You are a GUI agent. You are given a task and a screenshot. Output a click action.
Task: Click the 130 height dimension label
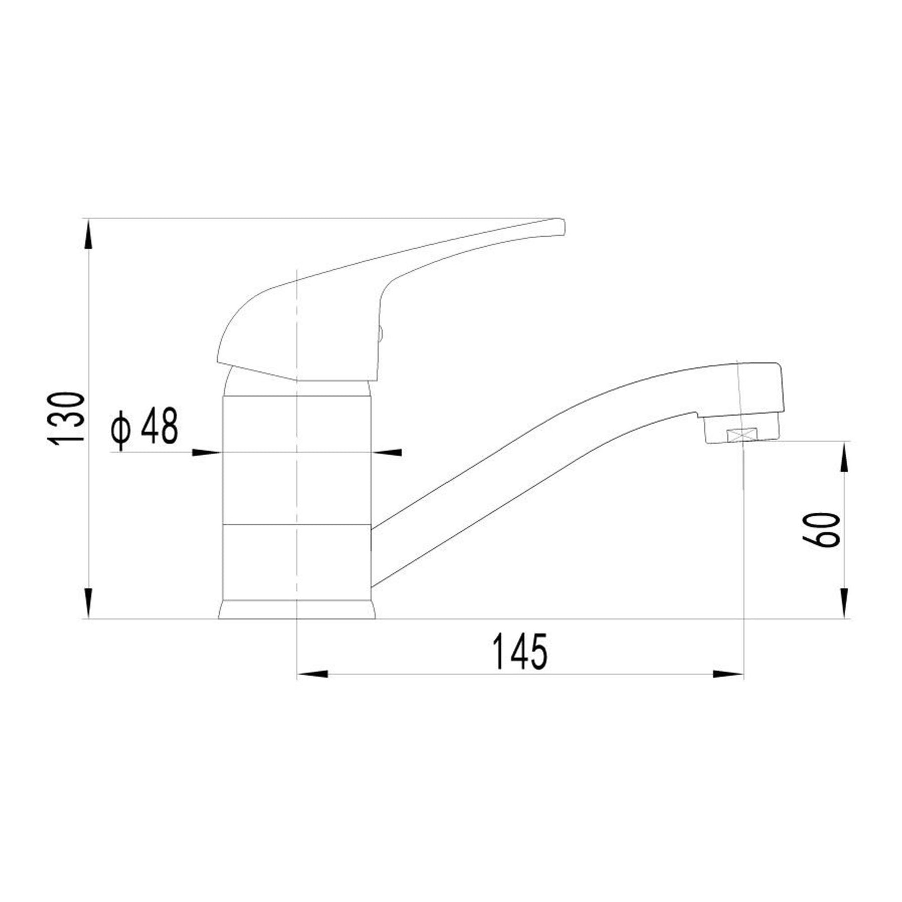tap(65, 418)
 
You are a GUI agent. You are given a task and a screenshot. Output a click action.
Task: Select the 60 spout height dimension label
tap(820, 529)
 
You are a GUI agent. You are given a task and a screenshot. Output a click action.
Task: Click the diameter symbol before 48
tap(121, 429)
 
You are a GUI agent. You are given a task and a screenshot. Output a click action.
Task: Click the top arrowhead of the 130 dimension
tap(89, 235)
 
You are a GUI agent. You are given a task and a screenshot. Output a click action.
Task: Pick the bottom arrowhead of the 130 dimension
tap(89, 603)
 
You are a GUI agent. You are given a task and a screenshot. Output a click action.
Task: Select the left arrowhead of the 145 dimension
tap(313, 674)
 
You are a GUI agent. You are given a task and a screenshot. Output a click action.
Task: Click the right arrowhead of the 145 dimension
tap(728, 674)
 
